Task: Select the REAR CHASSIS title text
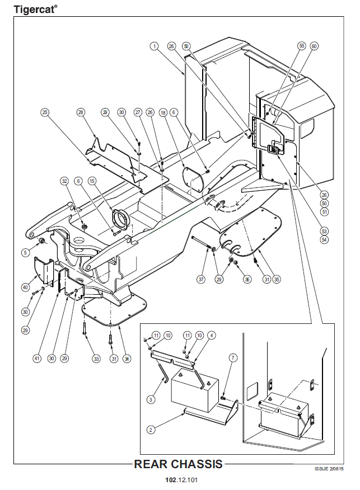tap(179, 464)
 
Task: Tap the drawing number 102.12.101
tap(181, 480)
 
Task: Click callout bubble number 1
tap(153, 46)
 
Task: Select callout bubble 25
tap(45, 112)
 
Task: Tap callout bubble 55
tap(302, 46)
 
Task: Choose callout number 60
tap(314, 46)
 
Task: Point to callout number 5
tap(25, 252)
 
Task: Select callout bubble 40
tap(25, 288)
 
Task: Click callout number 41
tap(37, 358)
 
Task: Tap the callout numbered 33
tap(96, 358)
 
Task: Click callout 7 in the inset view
tap(233, 356)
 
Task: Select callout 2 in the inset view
tap(151, 430)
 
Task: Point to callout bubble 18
tap(162, 112)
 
